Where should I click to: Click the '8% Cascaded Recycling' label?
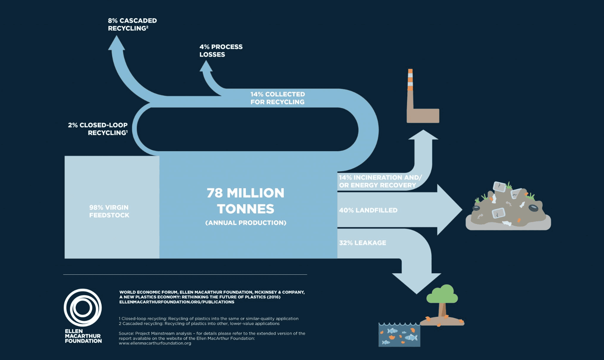click(x=132, y=24)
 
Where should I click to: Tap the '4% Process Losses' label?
click(x=221, y=50)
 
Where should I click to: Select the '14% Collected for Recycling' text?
click(x=277, y=98)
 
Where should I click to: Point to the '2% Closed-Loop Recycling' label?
click(x=98, y=129)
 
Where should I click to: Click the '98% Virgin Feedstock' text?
click(x=109, y=211)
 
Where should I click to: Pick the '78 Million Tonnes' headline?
click(x=246, y=201)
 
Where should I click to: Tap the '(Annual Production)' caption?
click(x=246, y=223)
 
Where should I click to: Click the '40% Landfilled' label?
click(x=368, y=210)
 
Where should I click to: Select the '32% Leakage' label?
click(x=363, y=243)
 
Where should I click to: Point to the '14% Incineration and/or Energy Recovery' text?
click(x=380, y=181)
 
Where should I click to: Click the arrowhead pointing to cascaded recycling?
click(x=116, y=43)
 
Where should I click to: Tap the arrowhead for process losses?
click(x=206, y=67)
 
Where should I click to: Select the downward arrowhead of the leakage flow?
click(x=416, y=283)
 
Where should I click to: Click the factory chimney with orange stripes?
click(x=410, y=80)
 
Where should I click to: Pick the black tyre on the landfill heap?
click(x=533, y=208)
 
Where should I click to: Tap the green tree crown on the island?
click(x=443, y=294)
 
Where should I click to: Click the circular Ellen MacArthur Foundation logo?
click(x=83, y=308)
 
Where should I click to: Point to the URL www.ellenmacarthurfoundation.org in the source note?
click(x=155, y=343)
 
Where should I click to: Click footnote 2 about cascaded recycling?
click(x=199, y=324)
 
